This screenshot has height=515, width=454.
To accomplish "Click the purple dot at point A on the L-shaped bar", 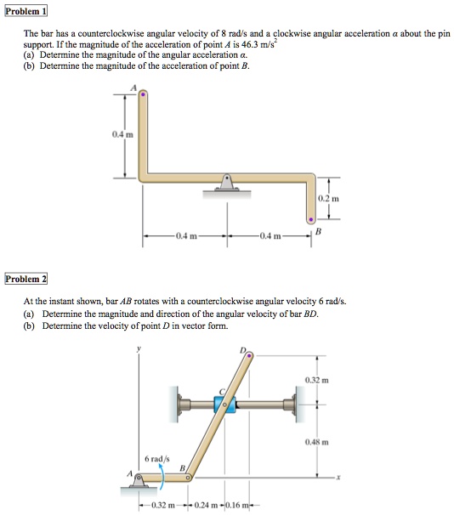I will click(143, 96).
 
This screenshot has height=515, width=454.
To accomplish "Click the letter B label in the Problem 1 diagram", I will click(319, 230).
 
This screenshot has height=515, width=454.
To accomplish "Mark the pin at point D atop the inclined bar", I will click(248, 357).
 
